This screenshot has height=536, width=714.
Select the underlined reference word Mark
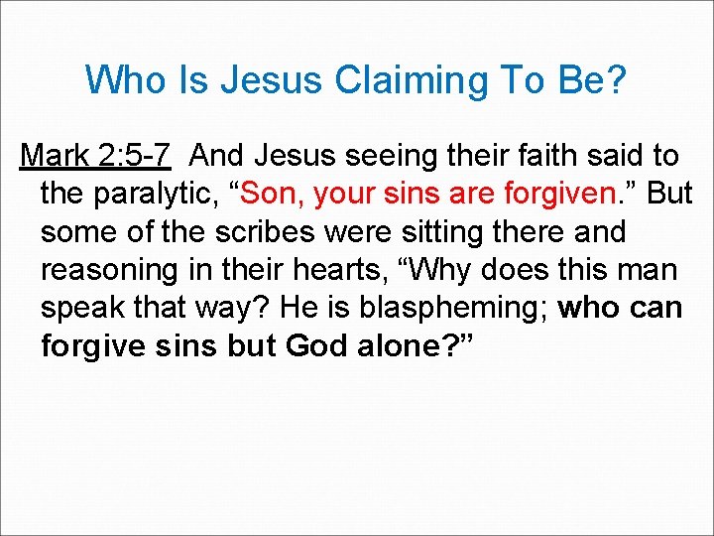pos(55,156)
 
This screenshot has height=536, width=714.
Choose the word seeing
pos(376,156)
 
